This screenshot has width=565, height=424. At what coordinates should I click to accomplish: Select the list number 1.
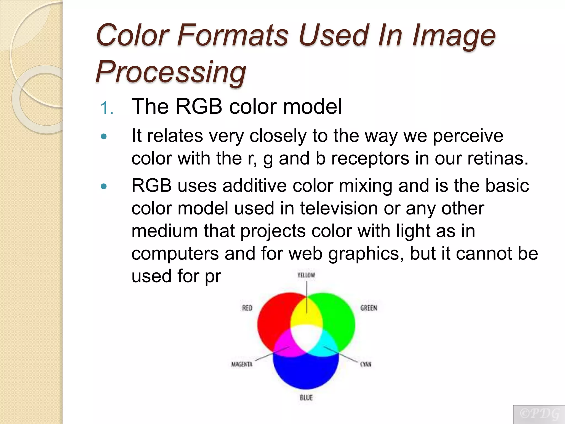[106, 108]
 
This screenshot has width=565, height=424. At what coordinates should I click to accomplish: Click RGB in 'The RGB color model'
[199, 106]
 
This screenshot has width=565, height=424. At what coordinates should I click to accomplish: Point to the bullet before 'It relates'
[104, 136]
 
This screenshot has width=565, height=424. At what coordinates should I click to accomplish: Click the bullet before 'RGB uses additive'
[104, 186]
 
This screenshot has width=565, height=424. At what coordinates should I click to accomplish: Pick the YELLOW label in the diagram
[306, 275]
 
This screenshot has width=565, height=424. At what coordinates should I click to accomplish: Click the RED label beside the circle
[247, 308]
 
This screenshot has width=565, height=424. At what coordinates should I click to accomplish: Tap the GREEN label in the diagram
[369, 308]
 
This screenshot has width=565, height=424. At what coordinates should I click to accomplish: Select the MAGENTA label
[242, 364]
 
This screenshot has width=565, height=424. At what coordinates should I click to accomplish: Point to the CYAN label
[366, 364]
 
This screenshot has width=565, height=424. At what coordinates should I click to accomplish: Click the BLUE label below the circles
[306, 397]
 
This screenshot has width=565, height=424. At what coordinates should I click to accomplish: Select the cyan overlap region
[326, 345]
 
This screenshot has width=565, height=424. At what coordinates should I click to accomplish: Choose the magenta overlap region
[287, 345]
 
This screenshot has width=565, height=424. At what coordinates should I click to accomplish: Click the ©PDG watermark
[539, 414]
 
